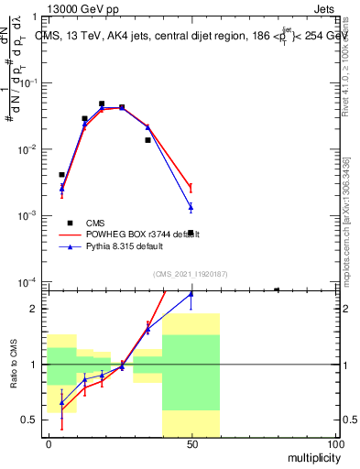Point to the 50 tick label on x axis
pyautogui.click(x=191, y=443)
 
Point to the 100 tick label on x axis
pyautogui.click(x=335, y=443)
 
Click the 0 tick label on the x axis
pyautogui.click(x=48, y=443)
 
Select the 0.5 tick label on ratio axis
pyautogui.click(x=30, y=420)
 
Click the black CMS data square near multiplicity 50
pyautogui.click(x=191, y=233)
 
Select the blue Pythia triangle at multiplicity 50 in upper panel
pyautogui.click(x=191, y=207)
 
